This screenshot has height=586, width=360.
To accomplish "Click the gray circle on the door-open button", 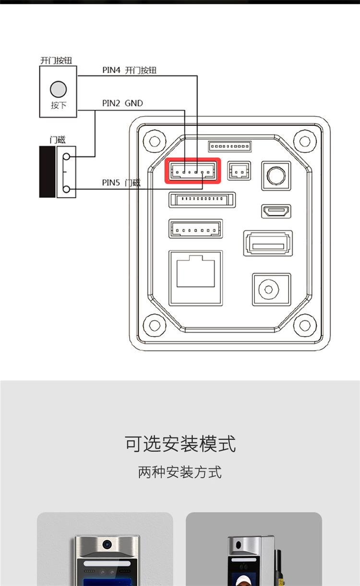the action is click(x=58, y=89).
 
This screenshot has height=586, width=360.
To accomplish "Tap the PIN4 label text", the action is click(x=111, y=70).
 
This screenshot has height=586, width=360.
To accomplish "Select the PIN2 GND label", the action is click(x=122, y=103).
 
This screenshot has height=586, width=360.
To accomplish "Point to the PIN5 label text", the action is click(x=111, y=182).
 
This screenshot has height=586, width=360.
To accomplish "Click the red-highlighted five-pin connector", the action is click(x=192, y=170).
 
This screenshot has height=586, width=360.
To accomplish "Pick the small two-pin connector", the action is click(x=239, y=170).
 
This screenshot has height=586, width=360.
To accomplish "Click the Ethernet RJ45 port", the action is click(x=196, y=278).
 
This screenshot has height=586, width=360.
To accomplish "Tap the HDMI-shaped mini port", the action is click(x=276, y=211).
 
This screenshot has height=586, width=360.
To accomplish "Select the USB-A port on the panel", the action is click(x=268, y=243).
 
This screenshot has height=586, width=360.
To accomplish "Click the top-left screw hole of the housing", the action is click(x=155, y=141).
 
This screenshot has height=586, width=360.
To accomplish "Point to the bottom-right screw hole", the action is click(x=305, y=325).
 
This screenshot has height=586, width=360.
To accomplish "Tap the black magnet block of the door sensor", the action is click(x=47, y=172).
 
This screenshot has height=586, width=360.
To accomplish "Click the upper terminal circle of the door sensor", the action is click(x=66, y=157).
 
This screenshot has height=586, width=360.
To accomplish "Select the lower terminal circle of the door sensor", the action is click(x=66, y=189).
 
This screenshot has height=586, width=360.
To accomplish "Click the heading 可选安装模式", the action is click(x=180, y=443).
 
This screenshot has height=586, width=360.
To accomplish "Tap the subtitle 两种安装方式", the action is click(x=180, y=472).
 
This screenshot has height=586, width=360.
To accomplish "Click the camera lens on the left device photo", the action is click(x=107, y=544).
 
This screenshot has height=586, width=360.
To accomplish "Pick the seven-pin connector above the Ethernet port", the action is click(x=196, y=228).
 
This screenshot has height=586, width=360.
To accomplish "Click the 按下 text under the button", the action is click(x=59, y=105).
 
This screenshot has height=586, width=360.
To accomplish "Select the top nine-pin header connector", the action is click(x=230, y=146).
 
